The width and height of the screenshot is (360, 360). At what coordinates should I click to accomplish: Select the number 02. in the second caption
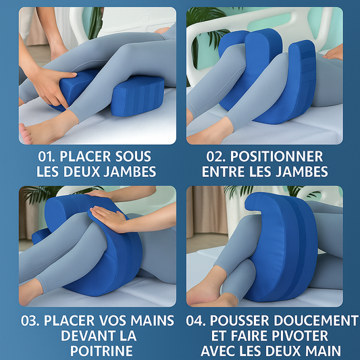(x=220, y=157)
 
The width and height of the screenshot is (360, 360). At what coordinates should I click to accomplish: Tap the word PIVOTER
(x=303, y=336)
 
